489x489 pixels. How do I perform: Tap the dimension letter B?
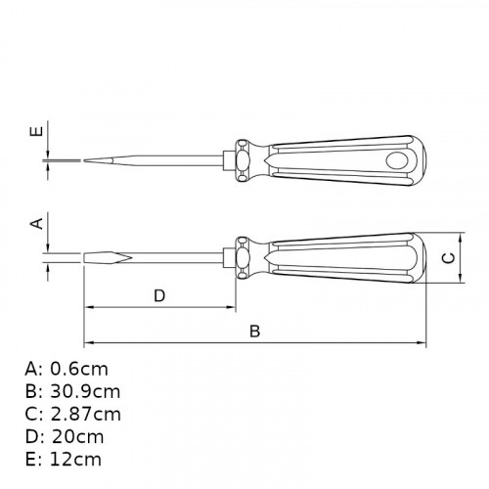tap(254, 332)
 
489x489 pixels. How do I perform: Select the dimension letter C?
tap(448, 258)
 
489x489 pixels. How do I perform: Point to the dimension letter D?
tap(159, 295)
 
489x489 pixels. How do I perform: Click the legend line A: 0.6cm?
tap(67, 369)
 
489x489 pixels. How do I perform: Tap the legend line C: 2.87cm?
tap(74, 414)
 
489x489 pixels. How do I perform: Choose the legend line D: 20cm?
tap(65, 436)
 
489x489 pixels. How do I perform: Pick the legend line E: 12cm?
tap(64, 459)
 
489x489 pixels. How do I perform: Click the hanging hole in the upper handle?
tap(401, 158)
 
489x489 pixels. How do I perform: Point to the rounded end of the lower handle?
tap(421, 258)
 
